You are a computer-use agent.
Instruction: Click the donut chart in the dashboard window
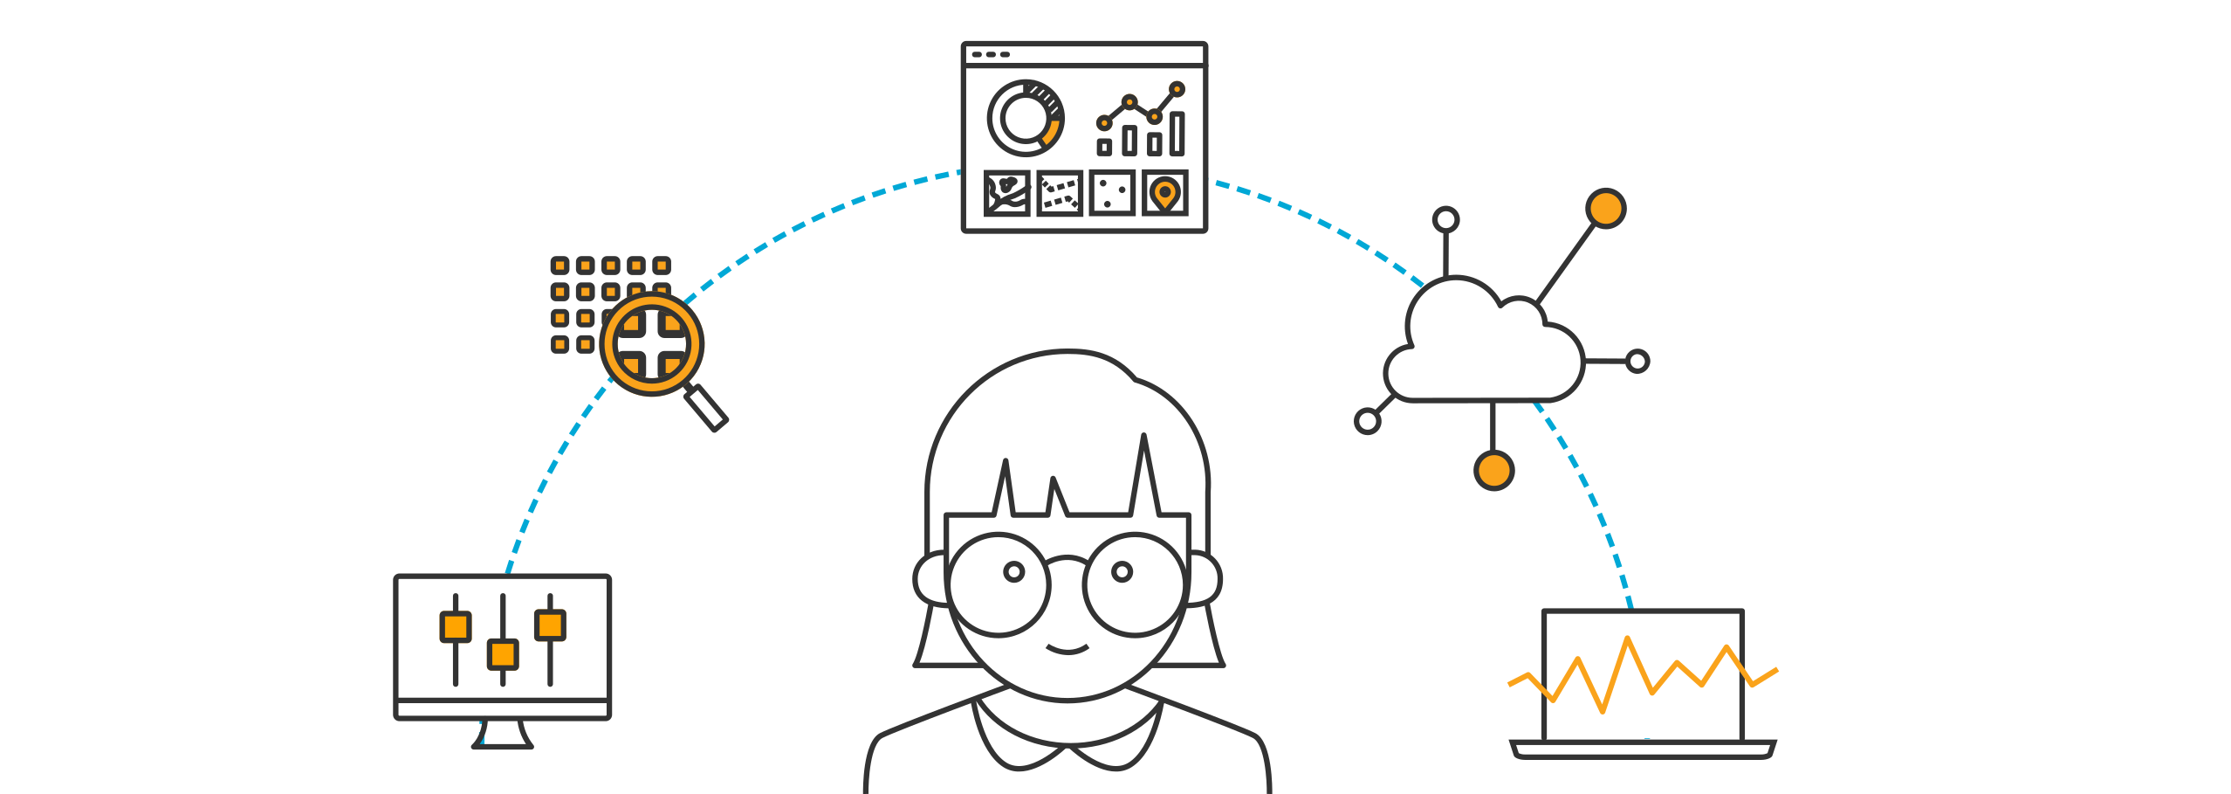pyautogui.click(x=1026, y=118)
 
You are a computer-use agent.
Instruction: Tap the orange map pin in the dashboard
pyautogui.click(x=1164, y=192)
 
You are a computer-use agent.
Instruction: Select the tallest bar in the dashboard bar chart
pyautogui.click(x=1177, y=134)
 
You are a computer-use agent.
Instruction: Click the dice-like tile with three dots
pyautogui.click(x=1112, y=193)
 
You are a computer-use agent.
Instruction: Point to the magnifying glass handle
pyautogui.click(x=707, y=408)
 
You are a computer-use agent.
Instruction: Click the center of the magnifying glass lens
pyautogui.click(x=652, y=344)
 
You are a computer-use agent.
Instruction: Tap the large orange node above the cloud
pyautogui.click(x=1606, y=209)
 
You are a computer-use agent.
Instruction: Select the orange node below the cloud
pyautogui.click(x=1493, y=470)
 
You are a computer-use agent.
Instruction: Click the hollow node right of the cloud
pyautogui.click(x=1637, y=361)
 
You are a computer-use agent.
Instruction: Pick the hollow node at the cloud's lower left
pyautogui.click(x=1367, y=422)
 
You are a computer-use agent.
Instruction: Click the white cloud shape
pyautogui.click(x=1484, y=349)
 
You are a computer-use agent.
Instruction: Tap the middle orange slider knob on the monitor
pyautogui.click(x=503, y=653)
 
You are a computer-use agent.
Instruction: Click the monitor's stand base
pyautogui.click(x=503, y=741)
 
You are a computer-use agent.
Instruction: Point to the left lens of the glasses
pyautogui.click(x=999, y=583)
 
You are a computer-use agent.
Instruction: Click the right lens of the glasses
pyautogui.click(x=1134, y=583)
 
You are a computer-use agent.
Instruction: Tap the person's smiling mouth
pyautogui.click(x=1067, y=649)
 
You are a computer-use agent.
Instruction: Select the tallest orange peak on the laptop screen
pyautogui.click(x=1628, y=641)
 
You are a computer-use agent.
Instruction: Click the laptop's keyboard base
pyautogui.click(x=1643, y=749)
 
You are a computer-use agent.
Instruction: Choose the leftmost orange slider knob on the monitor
pyautogui.click(x=456, y=626)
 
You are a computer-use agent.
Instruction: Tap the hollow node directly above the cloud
pyautogui.click(x=1446, y=218)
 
